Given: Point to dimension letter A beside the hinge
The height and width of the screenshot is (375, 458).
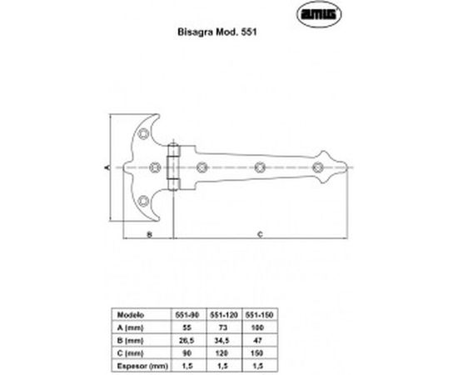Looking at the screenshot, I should point(108,167).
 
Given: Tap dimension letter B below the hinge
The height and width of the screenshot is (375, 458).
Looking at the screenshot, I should point(147,236).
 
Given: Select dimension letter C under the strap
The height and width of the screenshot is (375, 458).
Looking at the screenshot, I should point(259,236).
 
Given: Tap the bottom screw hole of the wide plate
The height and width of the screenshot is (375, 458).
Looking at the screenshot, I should point(147,199).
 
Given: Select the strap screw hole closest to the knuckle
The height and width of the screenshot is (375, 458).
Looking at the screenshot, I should point(204,167).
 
